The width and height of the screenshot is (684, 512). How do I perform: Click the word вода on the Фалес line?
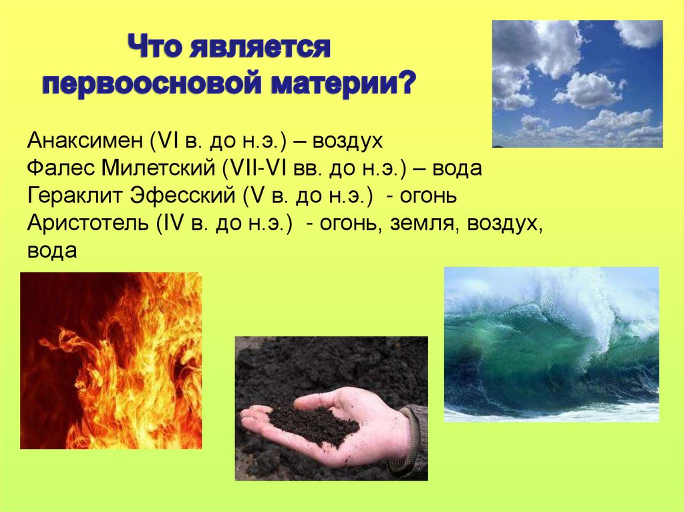coord(457,168)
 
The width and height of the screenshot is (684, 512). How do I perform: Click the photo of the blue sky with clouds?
coord(577,83)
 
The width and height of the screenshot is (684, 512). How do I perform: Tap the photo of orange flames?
coord(110,360)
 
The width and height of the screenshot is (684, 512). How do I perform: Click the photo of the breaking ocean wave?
coord(551,344)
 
